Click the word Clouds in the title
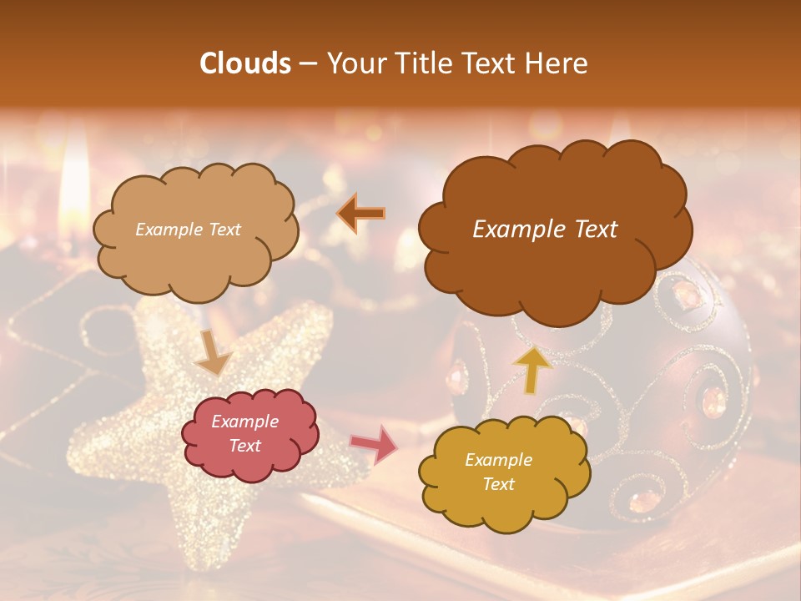point(245,63)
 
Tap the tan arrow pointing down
point(213,353)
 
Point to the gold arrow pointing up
point(533,370)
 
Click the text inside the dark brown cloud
point(545,230)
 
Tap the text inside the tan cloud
point(188,230)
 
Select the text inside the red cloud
point(245,434)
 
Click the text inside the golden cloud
point(498,472)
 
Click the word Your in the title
point(353,63)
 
